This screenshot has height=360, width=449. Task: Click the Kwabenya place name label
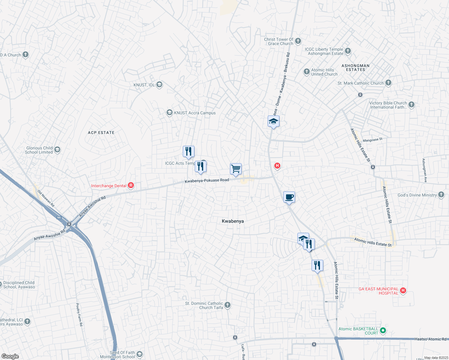[x=233, y=221]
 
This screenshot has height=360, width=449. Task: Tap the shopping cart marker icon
[x=236, y=169]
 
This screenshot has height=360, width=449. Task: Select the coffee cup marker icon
[x=289, y=197]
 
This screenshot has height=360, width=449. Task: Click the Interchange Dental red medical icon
[x=131, y=185]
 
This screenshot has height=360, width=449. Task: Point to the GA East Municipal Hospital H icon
[x=403, y=290]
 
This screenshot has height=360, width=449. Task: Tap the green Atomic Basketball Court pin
[x=383, y=331]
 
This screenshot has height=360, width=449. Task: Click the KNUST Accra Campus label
[x=195, y=113]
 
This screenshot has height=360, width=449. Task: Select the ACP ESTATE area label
[x=101, y=133]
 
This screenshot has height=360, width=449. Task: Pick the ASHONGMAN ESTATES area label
[x=355, y=67]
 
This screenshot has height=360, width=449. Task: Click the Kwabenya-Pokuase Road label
[x=207, y=181]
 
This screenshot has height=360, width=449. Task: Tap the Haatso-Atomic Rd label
[x=430, y=339]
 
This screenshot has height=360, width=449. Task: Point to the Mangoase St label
[x=372, y=140]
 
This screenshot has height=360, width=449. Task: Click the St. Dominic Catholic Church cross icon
[x=228, y=305]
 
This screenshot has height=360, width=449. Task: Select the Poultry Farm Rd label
[x=79, y=314]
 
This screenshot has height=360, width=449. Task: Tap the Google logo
[x=10, y=356]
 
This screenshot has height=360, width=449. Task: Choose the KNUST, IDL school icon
[x=159, y=85]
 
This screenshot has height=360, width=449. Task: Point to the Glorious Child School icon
[x=57, y=149]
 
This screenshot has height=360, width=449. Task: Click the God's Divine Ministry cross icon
[x=441, y=195]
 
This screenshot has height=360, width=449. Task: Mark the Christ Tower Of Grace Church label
[x=279, y=41]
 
